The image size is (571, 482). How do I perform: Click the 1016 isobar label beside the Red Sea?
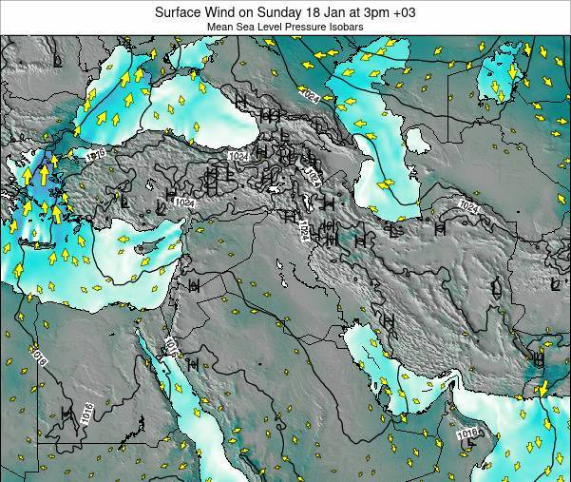point(171,347)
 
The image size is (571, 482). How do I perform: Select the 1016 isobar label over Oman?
point(467,434)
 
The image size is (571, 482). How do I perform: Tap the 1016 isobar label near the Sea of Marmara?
point(92,152)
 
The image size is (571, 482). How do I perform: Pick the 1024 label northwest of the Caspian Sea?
point(311,93)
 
